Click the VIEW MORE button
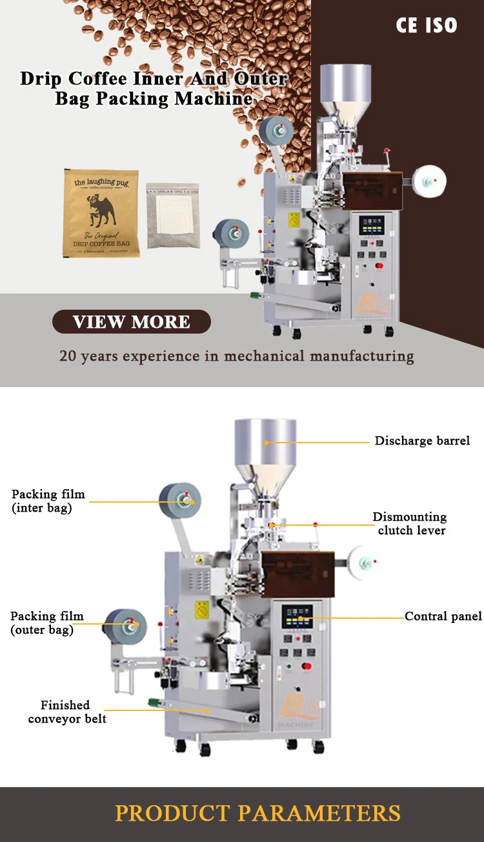click(132, 322)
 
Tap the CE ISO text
click(426, 25)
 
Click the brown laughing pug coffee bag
click(101, 213)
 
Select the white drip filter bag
click(172, 216)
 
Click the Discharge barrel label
click(422, 441)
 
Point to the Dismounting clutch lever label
click(410, 524)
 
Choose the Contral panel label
click(443, 617)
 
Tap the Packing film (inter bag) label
click(48, 501)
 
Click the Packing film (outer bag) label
click(46, 623)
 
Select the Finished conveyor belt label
click(66, 712)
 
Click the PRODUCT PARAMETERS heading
click(257, 813)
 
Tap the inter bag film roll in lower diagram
click(181, 500)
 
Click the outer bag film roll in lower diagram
click(126, 625)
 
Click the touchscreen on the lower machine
click(297, 617)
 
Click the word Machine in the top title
click(213, 99)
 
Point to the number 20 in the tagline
click(67, 356)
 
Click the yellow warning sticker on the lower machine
click(201, 609)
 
